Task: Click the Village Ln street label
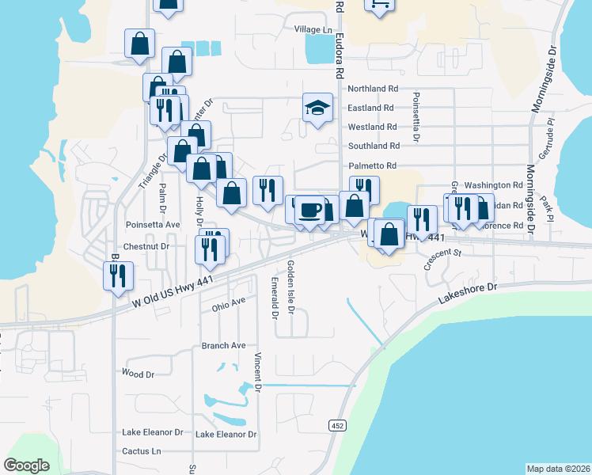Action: pyautogui.click(x=313, y=29)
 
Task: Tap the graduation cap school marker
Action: pyautogui.click(x=317, y=108)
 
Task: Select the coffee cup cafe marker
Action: pyautogui.click(x=309, y=210)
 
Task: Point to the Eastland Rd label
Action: pyautogui.click(x=370, y=108)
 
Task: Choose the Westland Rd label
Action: pyautogui.click(x=372, y=127)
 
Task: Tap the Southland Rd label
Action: pyautogui.click(x=374, y=146)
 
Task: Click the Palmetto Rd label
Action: pyautogui.click(x=371, y=165)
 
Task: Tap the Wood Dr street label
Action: pyautogui.click(x=138, y=372)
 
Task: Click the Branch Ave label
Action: pyautogui.click(x=223, y=346)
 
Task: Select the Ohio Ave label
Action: pyautogui.click(x=229, y=306)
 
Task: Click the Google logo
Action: pyautogui.click(x=27, y=465)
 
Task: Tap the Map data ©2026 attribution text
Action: pyautogui.click(x=557, y=469)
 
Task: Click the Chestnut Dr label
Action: pyautogui.click(x=147, y=246)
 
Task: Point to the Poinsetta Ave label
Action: pyautogui.click(x=153, y=225)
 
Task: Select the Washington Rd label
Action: pyautogui.click(x=494, y=184)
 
